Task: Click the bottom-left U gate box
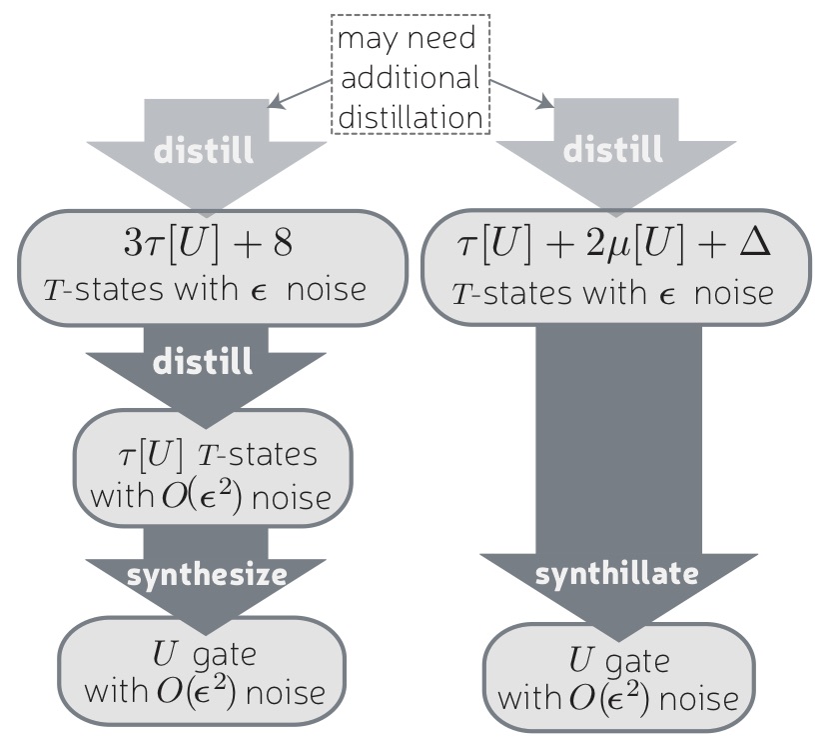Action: (x=203, y=674)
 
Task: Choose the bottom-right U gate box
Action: (x=615, y=679)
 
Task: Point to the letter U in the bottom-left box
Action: (x=166, y=656)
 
